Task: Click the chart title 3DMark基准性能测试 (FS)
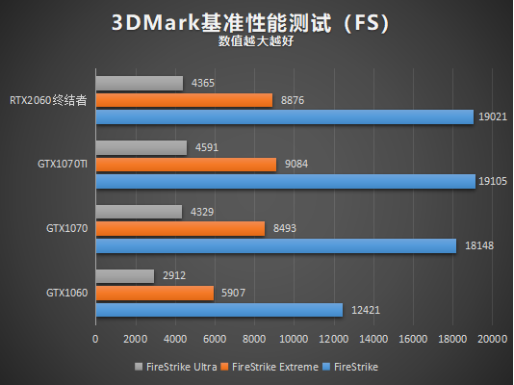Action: [x=256, y=23]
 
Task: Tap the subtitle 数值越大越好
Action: [x=256, y=41]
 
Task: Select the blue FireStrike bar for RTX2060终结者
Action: [x=284, y=116]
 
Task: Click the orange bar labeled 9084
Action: [x=186, y=165]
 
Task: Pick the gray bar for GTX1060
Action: [x=124, y=276]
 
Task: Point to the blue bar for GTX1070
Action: [x=275, y=245]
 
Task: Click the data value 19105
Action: [x=493, y=181]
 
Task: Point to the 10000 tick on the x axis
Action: [x=294, y=339]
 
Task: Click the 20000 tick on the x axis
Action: [x=493, y=339]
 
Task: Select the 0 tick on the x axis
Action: [x=95, y=339]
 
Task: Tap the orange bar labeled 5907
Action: [x=154, y=293]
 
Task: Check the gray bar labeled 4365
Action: [x=139, y=84]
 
